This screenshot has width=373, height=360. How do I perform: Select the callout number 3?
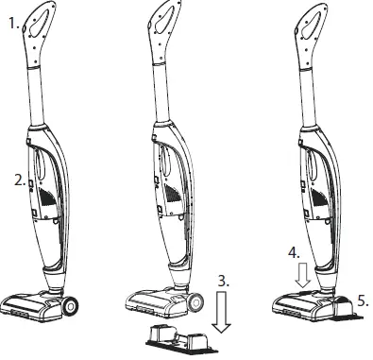[222, 281]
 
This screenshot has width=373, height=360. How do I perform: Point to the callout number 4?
[295, 253]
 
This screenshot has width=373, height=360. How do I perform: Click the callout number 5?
[364, 301]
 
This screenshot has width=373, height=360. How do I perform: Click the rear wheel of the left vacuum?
[69, 305]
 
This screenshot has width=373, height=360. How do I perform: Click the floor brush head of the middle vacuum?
[155, 298]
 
